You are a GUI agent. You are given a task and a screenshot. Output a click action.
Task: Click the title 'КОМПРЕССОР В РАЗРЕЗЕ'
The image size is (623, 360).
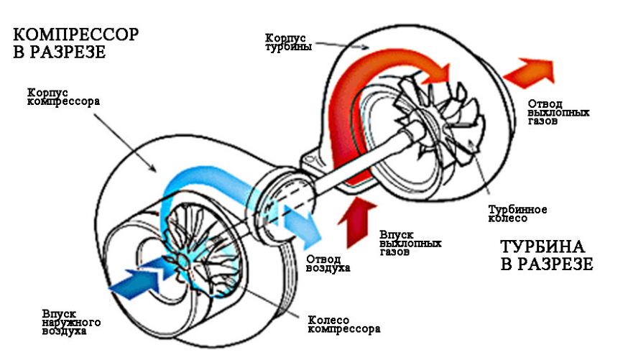(x=75, y=43)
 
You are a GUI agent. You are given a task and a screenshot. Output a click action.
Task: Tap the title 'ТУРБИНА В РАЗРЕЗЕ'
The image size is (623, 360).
(x=545, y=255)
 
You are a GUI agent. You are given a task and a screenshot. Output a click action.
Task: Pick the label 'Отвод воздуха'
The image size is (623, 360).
(x=328, y=263)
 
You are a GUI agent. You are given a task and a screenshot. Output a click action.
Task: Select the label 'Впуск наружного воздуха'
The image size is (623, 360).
(x=72, y=322)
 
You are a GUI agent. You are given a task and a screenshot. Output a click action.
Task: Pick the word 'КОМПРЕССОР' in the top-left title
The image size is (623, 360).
(x=75, y=34)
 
